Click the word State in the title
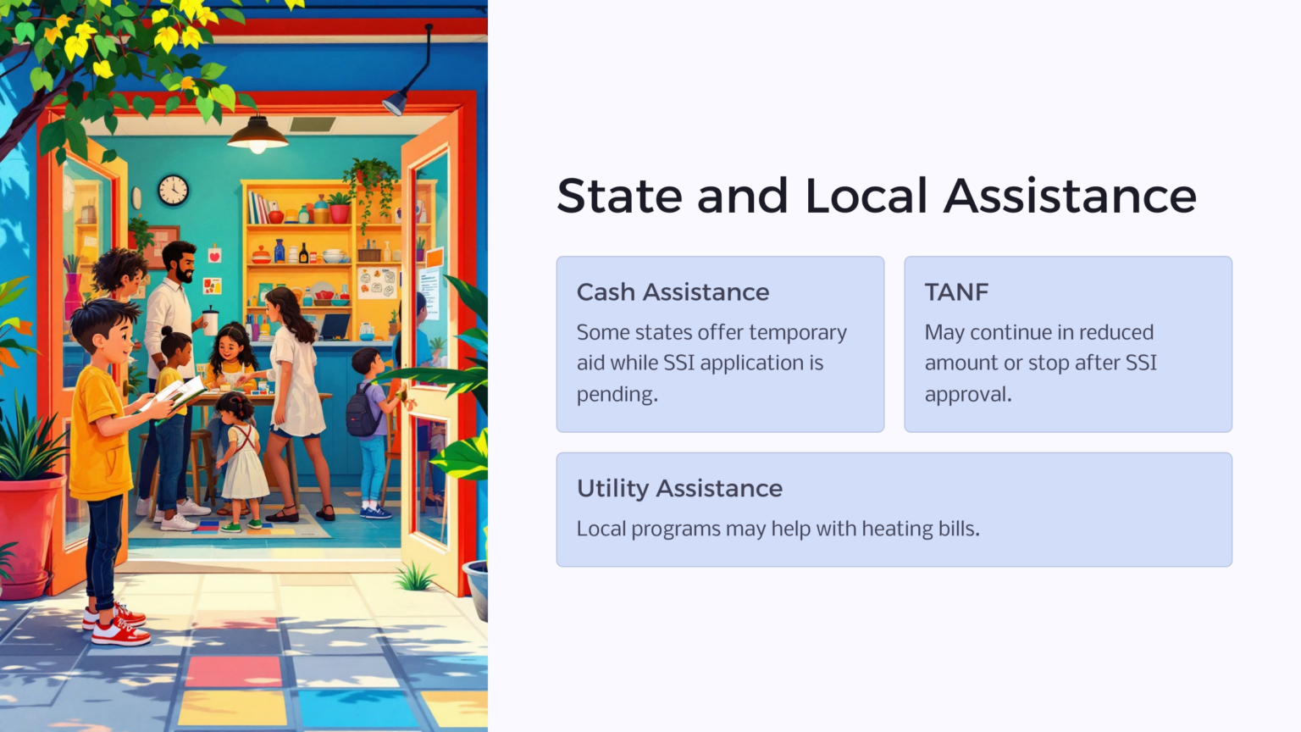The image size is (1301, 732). coord(619,197)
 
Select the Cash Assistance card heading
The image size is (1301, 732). coord(673,292)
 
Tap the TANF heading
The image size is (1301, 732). coord(956,292)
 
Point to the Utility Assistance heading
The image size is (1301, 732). coord(679,489)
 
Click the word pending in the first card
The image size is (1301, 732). coord(616,395)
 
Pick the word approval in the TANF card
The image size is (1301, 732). coord(966,395)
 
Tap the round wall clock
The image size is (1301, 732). coord(173,190)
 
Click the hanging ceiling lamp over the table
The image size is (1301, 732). coord(257,136)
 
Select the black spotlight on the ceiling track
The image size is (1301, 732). coord(396,103)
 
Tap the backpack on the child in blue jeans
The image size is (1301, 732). coord(363,411)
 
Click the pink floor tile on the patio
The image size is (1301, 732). coord(234,672)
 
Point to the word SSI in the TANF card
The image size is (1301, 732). coord(1140,363)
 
